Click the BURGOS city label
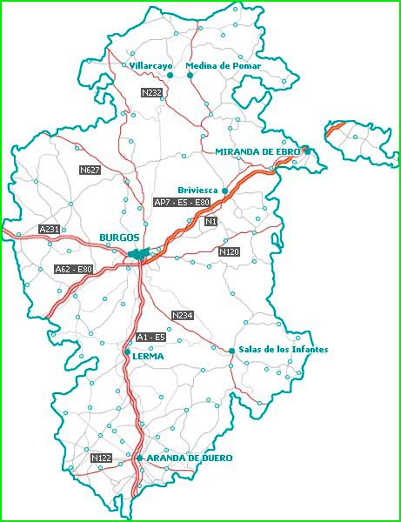[119, 238]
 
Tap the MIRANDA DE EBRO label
[257, 151]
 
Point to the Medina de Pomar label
[224, 66]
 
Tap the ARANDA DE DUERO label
[184, 458]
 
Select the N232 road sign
[152, 92]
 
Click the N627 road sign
[90, 170]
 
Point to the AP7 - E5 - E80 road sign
[182, 203]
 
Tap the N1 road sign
[211, 223]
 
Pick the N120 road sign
[229, 251]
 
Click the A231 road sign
[50, 229]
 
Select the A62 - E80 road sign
[73, 270]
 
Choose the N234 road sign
[183, 315]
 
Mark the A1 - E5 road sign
[150, 337]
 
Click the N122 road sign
[102, 458]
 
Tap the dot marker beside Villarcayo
[170, 75]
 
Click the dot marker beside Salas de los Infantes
[231, 351]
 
